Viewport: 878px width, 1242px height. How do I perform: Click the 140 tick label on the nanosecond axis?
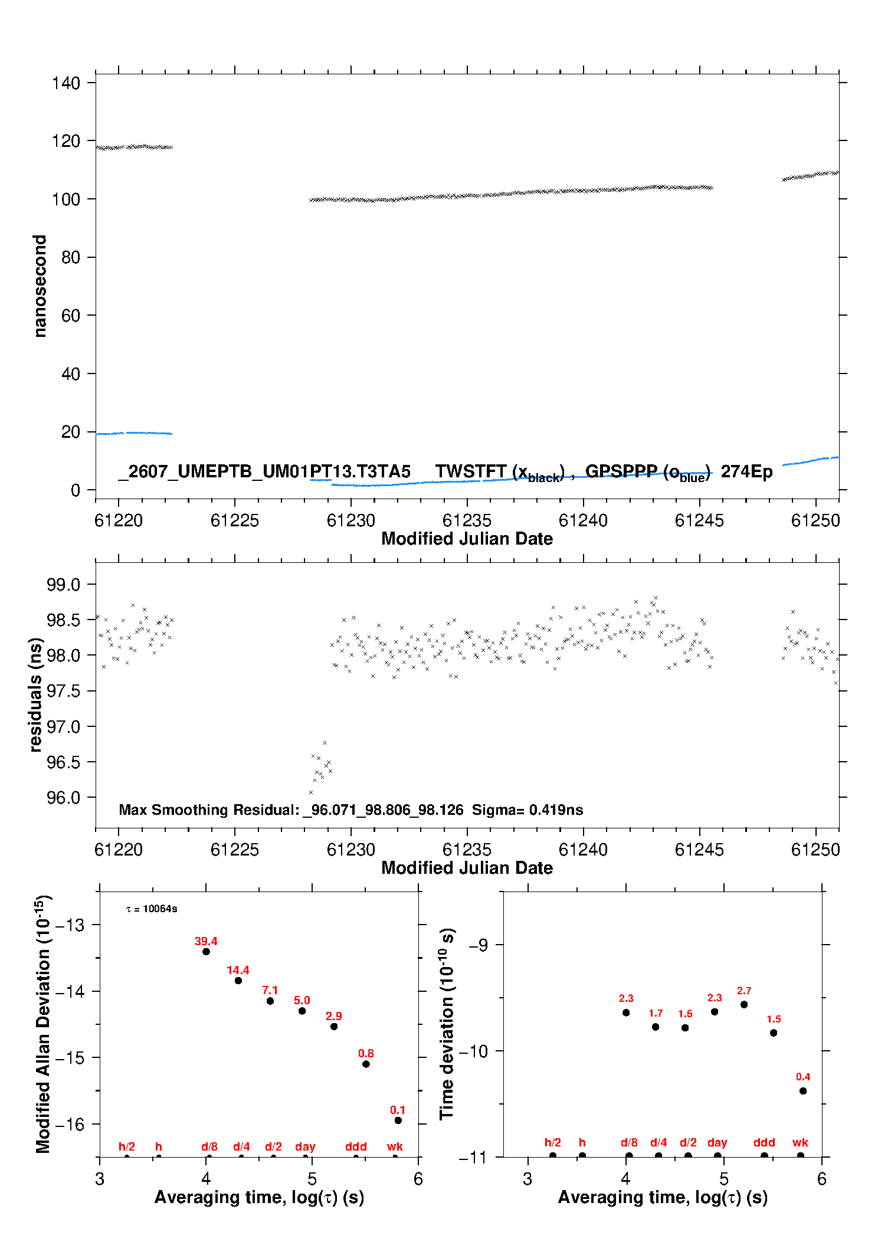tap(65, 83)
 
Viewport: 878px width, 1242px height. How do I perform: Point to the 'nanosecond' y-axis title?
tap(40, 286)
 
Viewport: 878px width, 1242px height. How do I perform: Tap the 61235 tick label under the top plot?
tap(467, 520)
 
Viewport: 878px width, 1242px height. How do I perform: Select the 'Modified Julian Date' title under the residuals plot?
tap(467, 868)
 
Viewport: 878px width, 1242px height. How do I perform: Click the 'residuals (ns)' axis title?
tap(36, 695)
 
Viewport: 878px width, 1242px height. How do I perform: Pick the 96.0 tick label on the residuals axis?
tap(64, 798)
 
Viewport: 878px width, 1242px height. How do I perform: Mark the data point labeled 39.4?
tap(206, 952)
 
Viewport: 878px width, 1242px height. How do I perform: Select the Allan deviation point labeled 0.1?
tap(398, 1120)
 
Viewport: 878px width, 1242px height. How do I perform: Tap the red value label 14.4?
tap(238, 970)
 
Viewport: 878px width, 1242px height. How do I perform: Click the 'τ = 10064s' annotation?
tap(152, 909)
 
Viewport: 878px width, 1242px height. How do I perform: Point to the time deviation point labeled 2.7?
tap(744, 1004)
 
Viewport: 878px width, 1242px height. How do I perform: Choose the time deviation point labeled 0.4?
tap(803, 1091)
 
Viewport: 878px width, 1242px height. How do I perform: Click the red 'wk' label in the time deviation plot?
tap(800, 1143)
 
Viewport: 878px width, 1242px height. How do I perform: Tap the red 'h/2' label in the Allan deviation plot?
tap(127, 1146)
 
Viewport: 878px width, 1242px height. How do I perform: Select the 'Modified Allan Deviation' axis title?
tap(43, 1024)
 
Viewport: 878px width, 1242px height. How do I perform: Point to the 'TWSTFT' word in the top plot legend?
tap(471, 471)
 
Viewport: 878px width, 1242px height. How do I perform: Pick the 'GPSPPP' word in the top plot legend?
tap(621, 471)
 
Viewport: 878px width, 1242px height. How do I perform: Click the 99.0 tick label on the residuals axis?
tap(64, 585)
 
